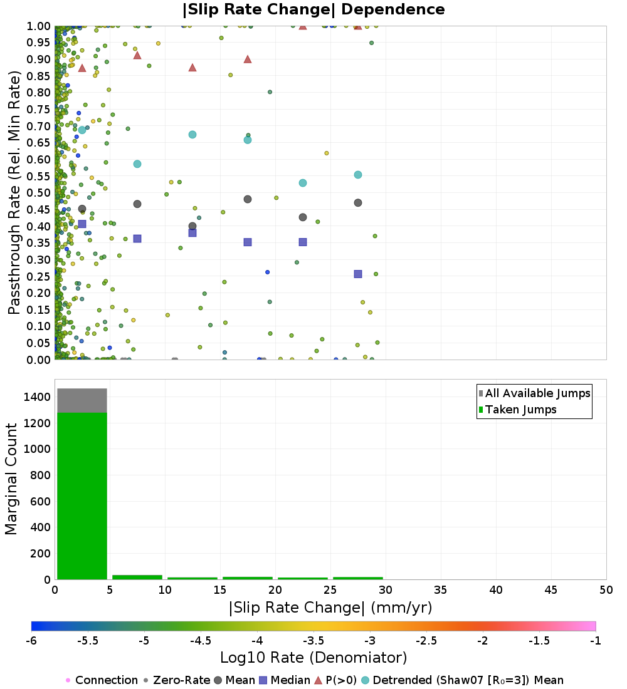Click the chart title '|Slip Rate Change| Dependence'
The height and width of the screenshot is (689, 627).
click(313, 9)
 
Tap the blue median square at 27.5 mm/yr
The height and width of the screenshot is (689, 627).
click(358, 274)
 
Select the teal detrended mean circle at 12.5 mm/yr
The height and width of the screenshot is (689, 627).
click(192, 135)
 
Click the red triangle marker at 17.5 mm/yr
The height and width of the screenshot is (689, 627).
click(248, 60)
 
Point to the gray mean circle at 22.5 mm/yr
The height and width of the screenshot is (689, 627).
click(303, 217)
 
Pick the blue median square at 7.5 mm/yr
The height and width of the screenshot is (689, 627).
click(137, 239)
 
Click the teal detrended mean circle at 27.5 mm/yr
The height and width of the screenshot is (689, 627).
click(358, 175)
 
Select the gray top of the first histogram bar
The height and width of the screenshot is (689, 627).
click(82, 400)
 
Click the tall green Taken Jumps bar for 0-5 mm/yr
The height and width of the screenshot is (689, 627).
click(82, 495)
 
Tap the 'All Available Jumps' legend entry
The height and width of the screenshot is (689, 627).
click(534, 393)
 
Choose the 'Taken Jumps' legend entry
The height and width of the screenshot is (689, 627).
click(517, 410)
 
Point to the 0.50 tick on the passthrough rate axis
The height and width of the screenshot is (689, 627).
click(39, 192)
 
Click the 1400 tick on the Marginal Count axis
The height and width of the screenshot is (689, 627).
click(38, 396)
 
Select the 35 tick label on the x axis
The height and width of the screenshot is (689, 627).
click(441, 589)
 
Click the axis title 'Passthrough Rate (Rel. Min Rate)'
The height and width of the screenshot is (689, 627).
click(14, 192)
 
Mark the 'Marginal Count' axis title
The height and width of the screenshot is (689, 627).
click(11, 479)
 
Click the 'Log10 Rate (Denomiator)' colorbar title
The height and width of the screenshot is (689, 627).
click(313, 657)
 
